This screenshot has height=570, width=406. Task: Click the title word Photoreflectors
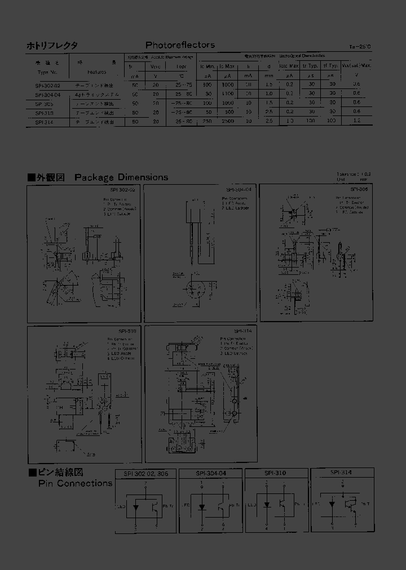pos(180,45)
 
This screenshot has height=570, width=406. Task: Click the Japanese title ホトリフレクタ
pos(52,46)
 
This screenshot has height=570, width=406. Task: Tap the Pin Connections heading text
pos(75,483)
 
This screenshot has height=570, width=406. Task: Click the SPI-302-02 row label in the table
pos(47,84)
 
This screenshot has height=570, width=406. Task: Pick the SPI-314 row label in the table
pos(44,122)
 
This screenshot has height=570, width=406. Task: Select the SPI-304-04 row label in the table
pos(47,94)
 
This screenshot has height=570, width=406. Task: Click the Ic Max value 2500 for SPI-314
pos(228,121)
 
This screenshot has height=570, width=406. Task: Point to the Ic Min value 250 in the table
pos(208,121)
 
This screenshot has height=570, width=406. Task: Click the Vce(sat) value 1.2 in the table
pos(356,121)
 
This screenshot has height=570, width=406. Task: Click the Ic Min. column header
pos(208,66)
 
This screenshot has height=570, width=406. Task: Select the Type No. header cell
pos(47,72)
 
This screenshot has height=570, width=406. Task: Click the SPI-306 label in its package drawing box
pos(359,190)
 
